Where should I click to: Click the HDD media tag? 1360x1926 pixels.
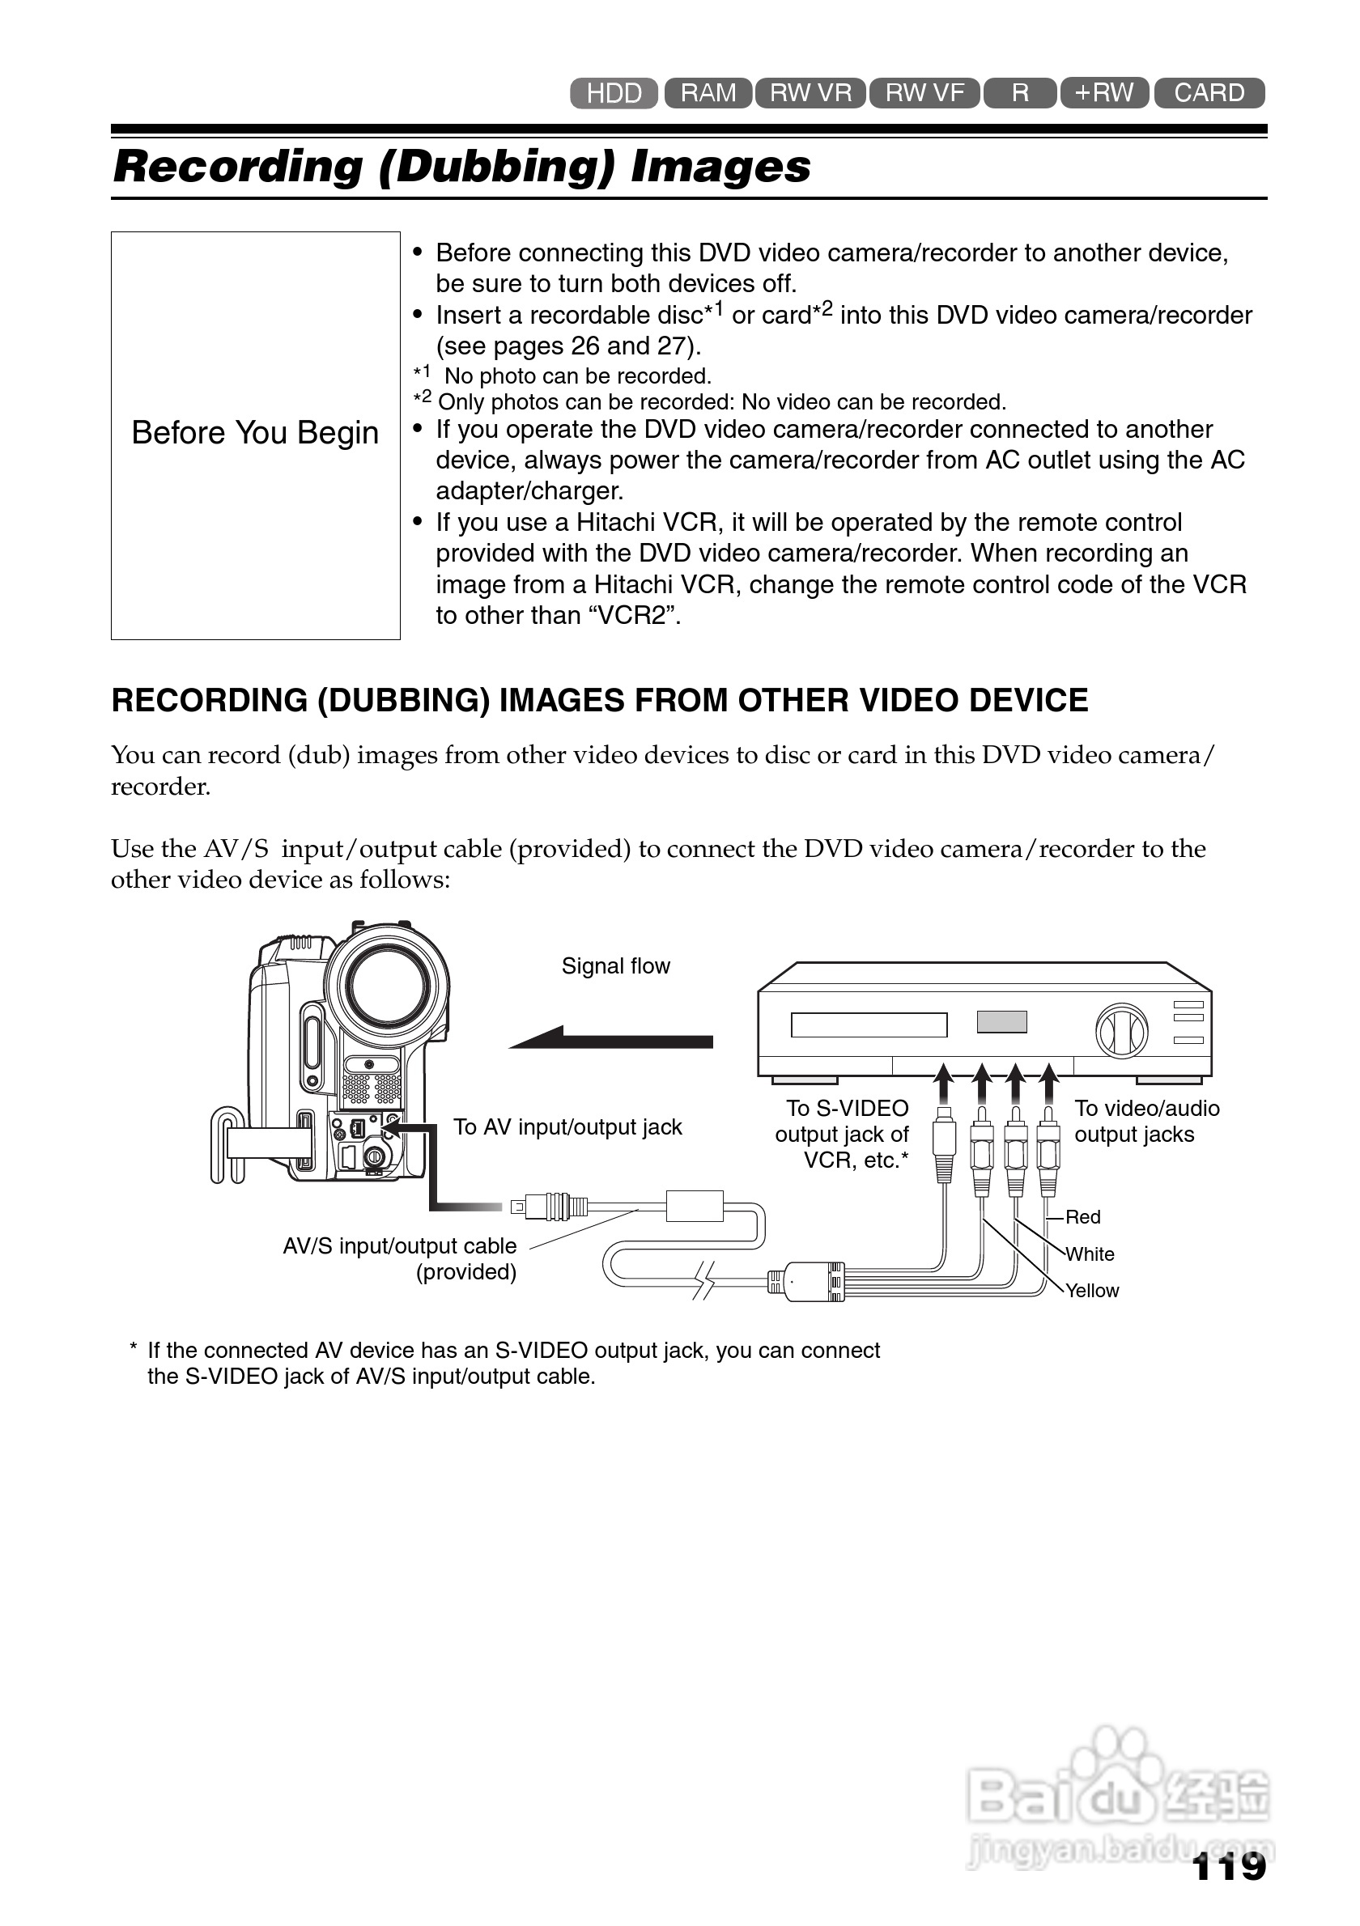click(x=614, y=93)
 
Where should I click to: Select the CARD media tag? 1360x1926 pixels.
click(x=1208, y=92)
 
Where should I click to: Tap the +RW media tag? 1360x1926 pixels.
click(x=1104, y=92)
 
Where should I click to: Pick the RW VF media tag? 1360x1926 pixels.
click(x=924, y=92)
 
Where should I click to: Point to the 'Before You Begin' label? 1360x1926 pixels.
click(x=255, y=433)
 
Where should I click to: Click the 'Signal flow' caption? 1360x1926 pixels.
click(x=616, y=966)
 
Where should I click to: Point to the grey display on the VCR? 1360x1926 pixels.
click(x=1001, y=1022)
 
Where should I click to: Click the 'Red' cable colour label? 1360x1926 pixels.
click(x=1082, y=1217)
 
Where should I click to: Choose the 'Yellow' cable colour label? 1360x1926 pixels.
click(x=1091, y=1291)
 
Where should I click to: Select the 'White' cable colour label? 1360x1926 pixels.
click(x=1090, y=1254)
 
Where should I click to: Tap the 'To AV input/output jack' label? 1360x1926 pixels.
click(x=567, y=1127)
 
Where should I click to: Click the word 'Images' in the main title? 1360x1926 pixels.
click(x=720, y=166)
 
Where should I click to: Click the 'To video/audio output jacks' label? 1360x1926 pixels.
click(x=1146, y=1122)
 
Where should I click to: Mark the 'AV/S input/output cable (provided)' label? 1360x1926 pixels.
click(x=399, y=1259)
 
